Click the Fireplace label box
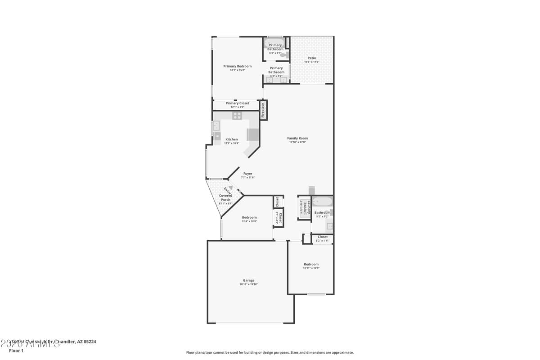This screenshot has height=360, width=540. [263, 110]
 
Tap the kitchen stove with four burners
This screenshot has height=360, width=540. [237, 116]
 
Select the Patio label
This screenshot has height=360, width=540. [311, 58]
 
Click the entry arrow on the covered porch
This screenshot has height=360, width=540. [230, 188]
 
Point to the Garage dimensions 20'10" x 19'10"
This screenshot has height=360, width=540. [249, 284]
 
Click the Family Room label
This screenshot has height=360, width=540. [297, 138]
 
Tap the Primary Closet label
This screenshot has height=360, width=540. [237, 103]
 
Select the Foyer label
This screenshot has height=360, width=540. [248, 174]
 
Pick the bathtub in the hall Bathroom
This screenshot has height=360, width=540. [322, 202]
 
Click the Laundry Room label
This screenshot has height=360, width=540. [304, 208]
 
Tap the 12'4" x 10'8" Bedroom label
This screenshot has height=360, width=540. [249, 217]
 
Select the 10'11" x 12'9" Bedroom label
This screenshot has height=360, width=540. [311, 264]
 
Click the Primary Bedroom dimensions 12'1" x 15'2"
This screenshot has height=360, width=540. [238, 70]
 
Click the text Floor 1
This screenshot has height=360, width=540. [16, 351]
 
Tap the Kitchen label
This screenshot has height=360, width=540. [232, 139]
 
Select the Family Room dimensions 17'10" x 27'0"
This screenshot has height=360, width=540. [297, 142]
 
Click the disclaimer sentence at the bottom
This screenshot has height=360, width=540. [270, 353]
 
